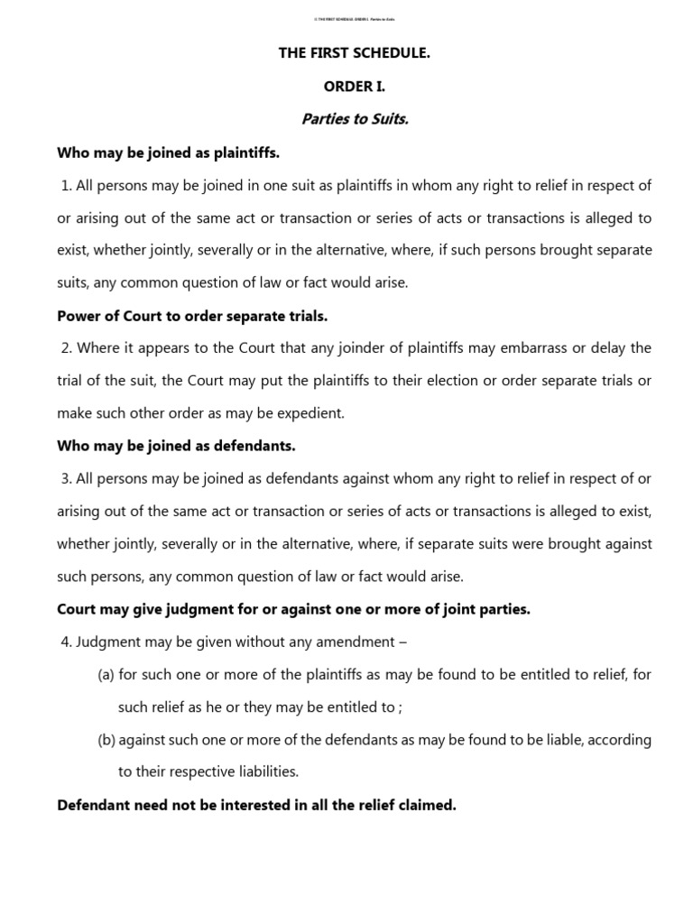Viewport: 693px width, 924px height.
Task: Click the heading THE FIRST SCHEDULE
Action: (x=354, y=53)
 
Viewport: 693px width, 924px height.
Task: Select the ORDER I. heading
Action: (x=354, y=87)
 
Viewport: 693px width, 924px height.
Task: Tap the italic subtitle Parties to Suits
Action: (x=354, y=120)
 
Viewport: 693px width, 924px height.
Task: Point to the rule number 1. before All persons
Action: (x=66, y=185)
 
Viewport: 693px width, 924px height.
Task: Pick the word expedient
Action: (x=313, y=413)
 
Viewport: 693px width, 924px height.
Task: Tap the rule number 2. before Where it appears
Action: (x=66, y=348)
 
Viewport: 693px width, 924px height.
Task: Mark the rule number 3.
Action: (x=66, y=478)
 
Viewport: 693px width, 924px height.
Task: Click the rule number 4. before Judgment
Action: (x=66, y=642)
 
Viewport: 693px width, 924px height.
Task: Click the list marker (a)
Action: (x=106, y=674)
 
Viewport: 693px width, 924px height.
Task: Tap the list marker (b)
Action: (x=106, y=739)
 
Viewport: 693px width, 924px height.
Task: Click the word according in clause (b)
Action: (x=619, y=739)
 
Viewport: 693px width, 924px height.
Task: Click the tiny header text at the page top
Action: (x=354, y=19)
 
